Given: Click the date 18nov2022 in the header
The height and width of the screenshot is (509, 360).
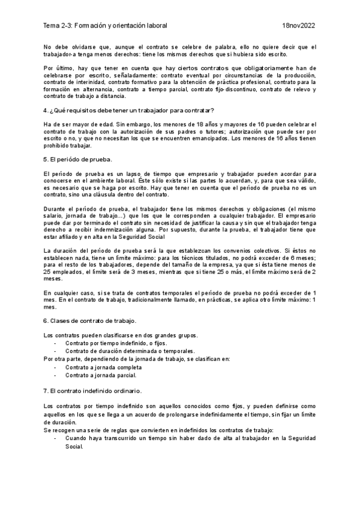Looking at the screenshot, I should pyautogui.click(x=298, y=26).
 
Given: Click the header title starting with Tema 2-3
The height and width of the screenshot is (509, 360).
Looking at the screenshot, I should pyautogui.click(x=106, y=26).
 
